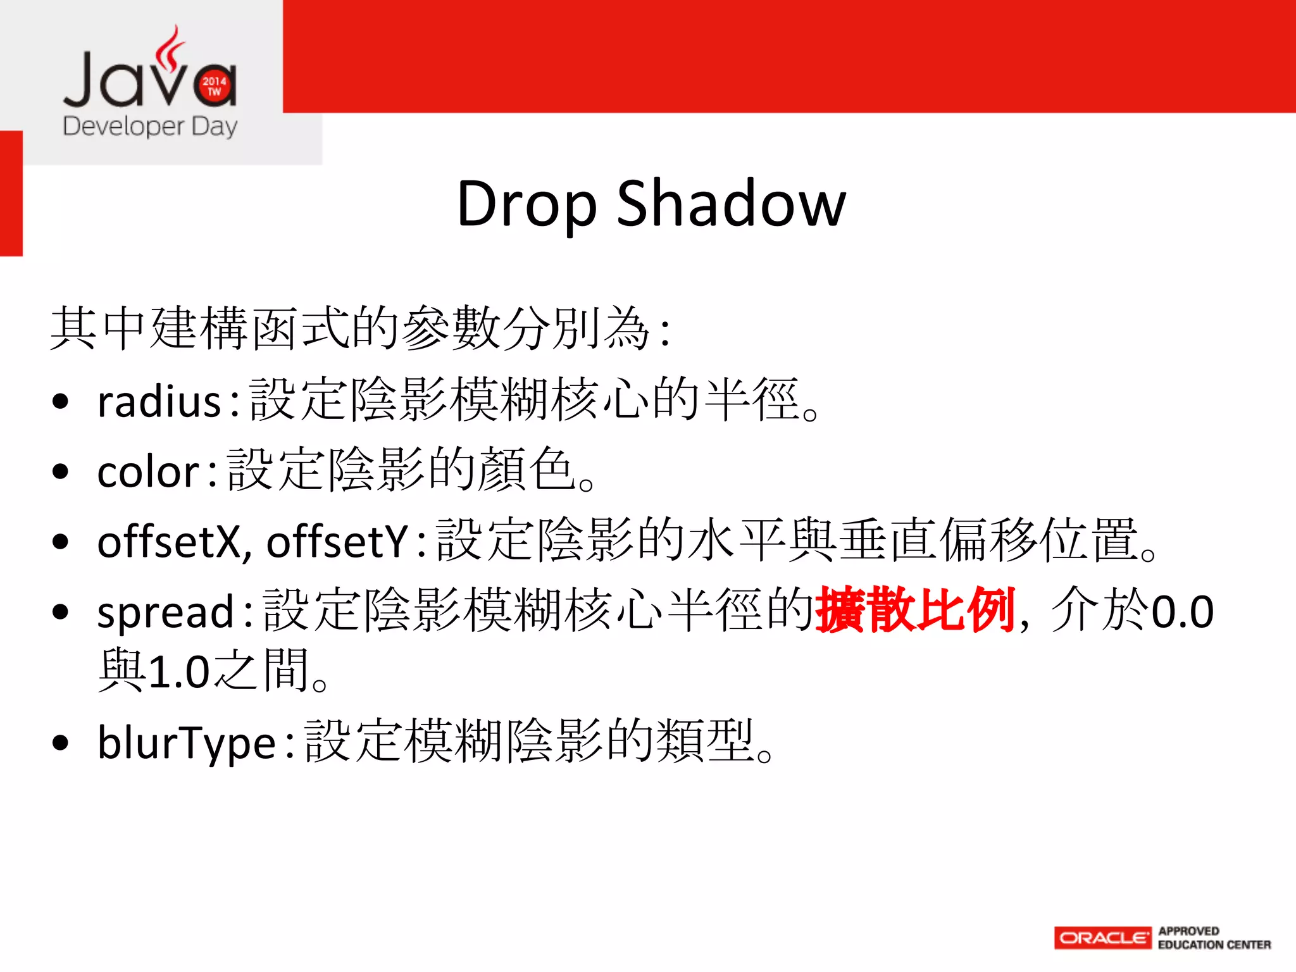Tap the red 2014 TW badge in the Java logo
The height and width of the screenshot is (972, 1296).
tap(215, 86)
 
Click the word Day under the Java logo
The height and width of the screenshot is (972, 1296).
tap(215, 127)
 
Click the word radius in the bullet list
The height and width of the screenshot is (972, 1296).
tap(159, 402)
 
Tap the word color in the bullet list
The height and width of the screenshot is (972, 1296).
tap(148, 472)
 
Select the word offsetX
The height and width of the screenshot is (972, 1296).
tap(168, 542)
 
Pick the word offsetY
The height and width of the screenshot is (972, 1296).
tap(337, 542)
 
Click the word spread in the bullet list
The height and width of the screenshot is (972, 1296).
tap(166, 613)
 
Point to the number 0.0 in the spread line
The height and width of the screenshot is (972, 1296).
tap(1182, 612)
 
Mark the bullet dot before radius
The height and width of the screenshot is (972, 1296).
tap(61, 402)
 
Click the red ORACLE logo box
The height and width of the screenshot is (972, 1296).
tap(1102, 938)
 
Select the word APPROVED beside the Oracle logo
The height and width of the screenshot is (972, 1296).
tap(1188, 931)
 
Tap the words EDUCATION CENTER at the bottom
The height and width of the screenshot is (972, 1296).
tap(1214, 945)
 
